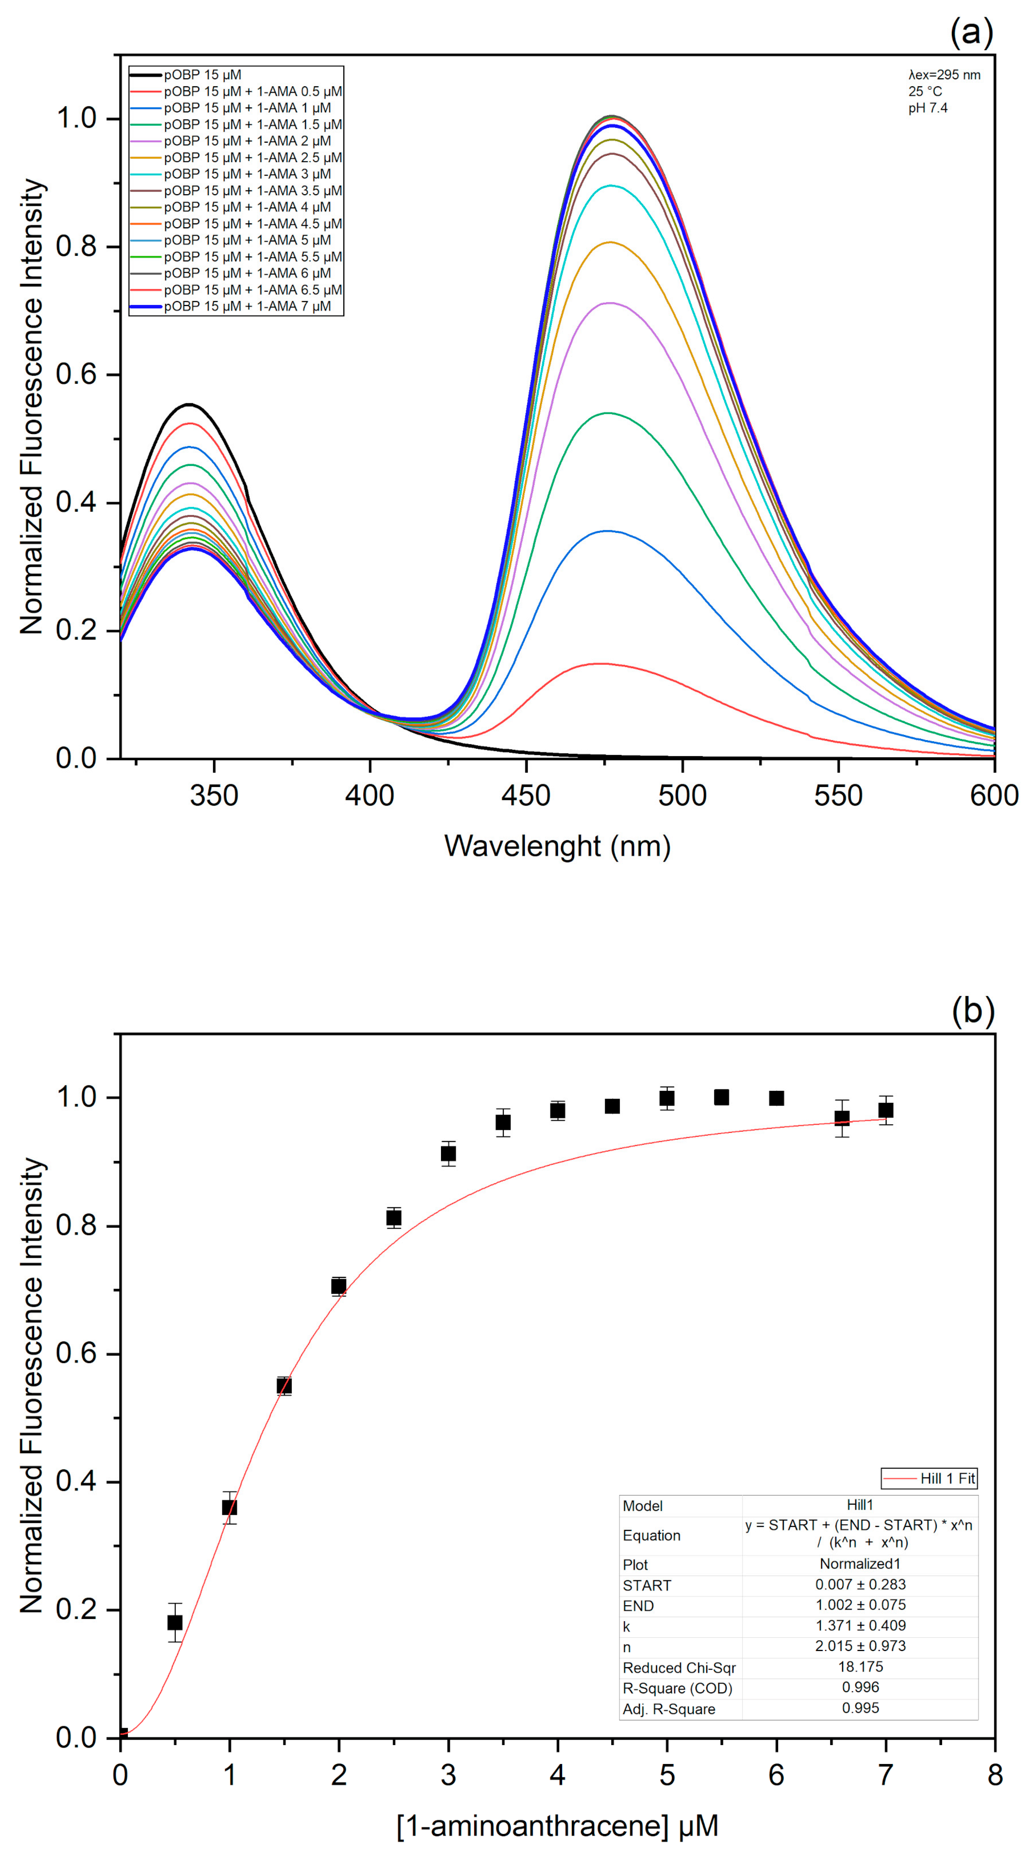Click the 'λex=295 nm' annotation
pyautogui.click(x=944, y=75)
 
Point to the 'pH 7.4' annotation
pyautogui.click(x=927, y=108)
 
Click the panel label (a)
pyautogui.click(x=971, y=32)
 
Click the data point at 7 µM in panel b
pyautogui.click(x=886, y=1110)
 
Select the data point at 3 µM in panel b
pyautogui.click(x=448, y=1153)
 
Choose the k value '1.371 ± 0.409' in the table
pyautogui.click(x=860, y=1626)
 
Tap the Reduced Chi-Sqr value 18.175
pyautogui.click(x=860, y=1667)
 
